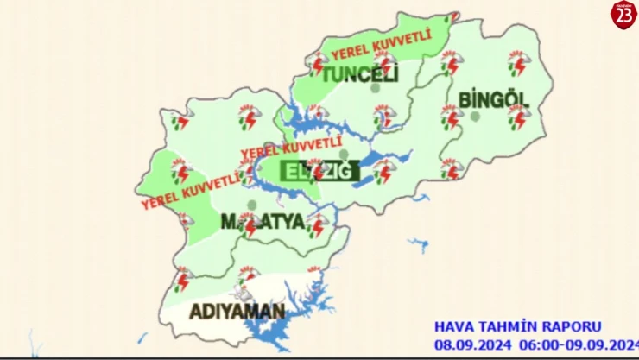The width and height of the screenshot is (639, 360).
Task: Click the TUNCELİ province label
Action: [359, 76]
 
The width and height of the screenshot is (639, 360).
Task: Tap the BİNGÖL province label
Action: [493, 99]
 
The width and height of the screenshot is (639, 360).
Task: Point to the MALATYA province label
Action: [263, 222]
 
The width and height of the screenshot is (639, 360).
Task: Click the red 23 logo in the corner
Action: [623, 15]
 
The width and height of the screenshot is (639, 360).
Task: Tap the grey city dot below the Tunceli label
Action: [374, 88]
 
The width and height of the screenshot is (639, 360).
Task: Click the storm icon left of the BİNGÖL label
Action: [451, 116]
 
